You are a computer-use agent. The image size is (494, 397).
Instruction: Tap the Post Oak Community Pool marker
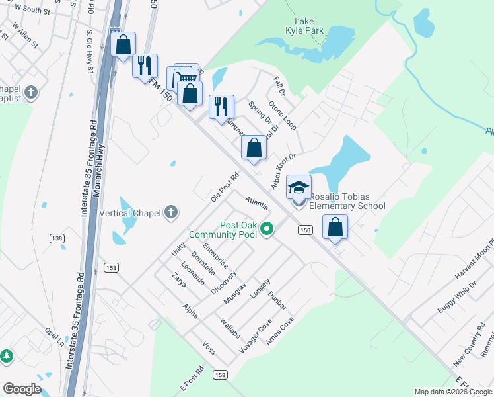click(267, 230)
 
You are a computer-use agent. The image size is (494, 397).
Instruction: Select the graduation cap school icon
click(299, 187)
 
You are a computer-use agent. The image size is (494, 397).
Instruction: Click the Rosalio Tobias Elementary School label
click(347, 201)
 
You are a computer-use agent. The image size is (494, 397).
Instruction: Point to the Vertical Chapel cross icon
click(171, 212)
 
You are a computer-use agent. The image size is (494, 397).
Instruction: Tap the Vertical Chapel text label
click(129, 213)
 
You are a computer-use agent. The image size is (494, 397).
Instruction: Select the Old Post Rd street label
click(225, 188)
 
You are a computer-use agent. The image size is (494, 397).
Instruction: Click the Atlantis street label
click(256, 202)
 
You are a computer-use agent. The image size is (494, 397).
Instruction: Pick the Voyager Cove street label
click(256, 334)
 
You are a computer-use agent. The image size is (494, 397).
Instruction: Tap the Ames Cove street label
click(279, 331)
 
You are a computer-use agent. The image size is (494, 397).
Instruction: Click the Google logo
click(22, 389)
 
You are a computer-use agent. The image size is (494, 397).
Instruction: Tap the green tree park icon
click(7, 356)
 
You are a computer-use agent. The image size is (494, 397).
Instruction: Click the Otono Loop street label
click(282, 115)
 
